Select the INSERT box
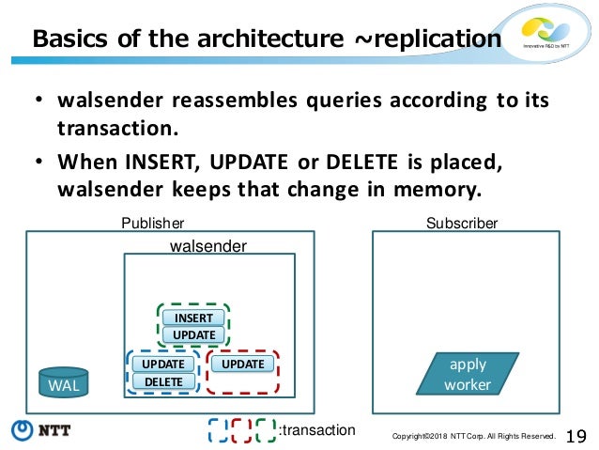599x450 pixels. pyautogui.click(x=193, y=318)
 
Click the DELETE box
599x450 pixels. pyautogui.click(x=162, y=380)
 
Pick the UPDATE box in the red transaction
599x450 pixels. pyautogui.click(x=243, y=364)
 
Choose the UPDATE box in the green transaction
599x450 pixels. pyautogui.click(x=193, y=334)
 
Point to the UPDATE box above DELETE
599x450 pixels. pyautogui.click(x=162, y=364)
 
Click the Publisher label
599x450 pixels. pyautogui.click(x=152, y=224)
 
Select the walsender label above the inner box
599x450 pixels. pyautogui.click(x=207, y=246)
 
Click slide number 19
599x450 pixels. pyautogui.click(x=576, y=435)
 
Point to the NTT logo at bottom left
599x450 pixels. pyautogui.click(x=42, y=431)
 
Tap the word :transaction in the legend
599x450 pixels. pyautogui.click(x=317, y=429)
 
